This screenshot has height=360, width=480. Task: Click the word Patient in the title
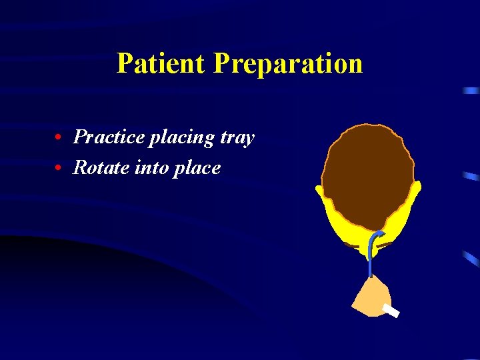(161, 64)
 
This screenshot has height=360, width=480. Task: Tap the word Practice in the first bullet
(109, 137)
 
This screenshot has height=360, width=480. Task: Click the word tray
(235, 138)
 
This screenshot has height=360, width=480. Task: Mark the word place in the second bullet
(196, 168)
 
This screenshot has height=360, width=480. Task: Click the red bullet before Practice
(59, 138)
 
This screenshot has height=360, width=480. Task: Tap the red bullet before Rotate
(59, 168)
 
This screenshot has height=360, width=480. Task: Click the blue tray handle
(371, 257)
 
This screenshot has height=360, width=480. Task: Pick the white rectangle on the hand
(391, 310)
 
